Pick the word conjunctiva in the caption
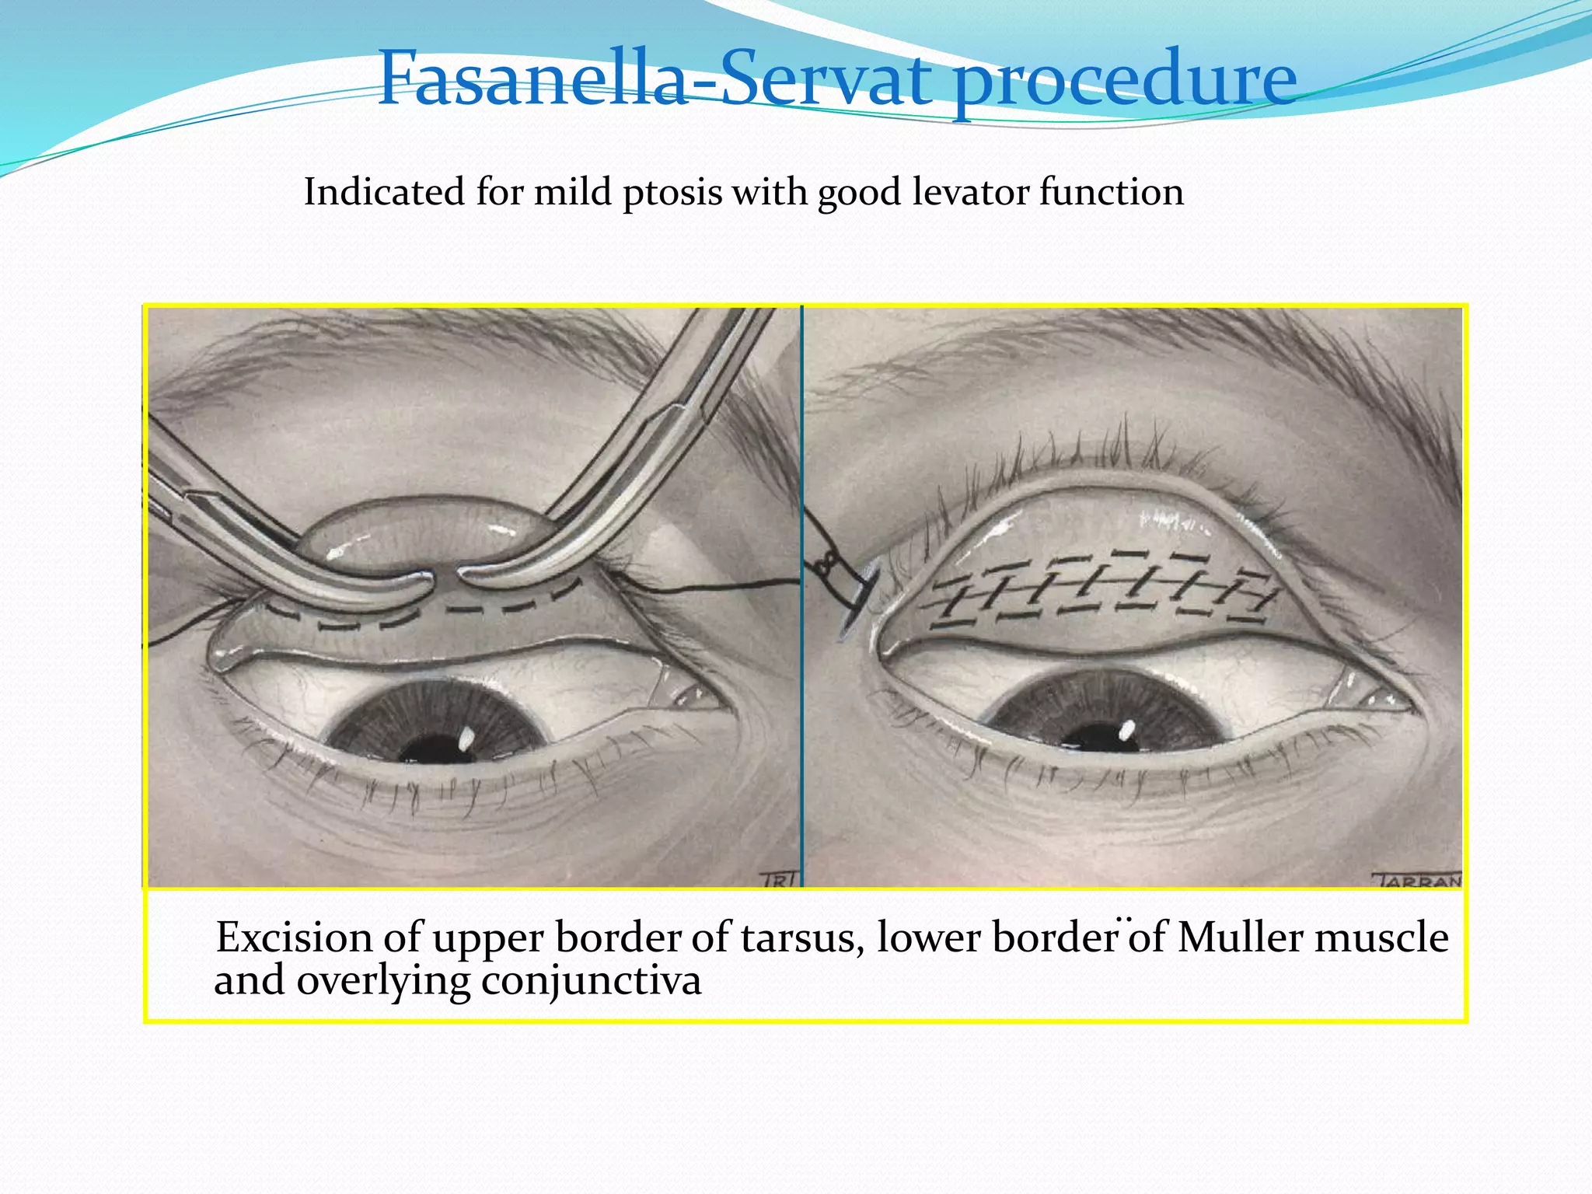[591, 981]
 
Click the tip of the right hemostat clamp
[467, 576]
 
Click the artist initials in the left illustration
[775, 879]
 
